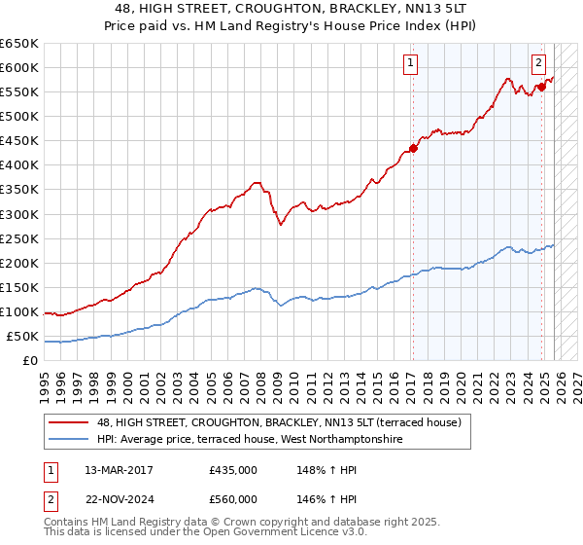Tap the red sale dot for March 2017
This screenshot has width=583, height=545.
coord(413,148)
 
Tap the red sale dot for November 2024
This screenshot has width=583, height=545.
coord(542,87)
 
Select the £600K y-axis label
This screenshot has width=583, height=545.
coord(19,67)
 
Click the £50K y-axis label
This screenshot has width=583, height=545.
coord(22,337)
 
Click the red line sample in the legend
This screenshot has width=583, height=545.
coord(68,422)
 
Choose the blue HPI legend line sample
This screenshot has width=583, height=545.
coord(68,440)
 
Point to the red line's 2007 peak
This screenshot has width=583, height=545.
coord(256,182)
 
